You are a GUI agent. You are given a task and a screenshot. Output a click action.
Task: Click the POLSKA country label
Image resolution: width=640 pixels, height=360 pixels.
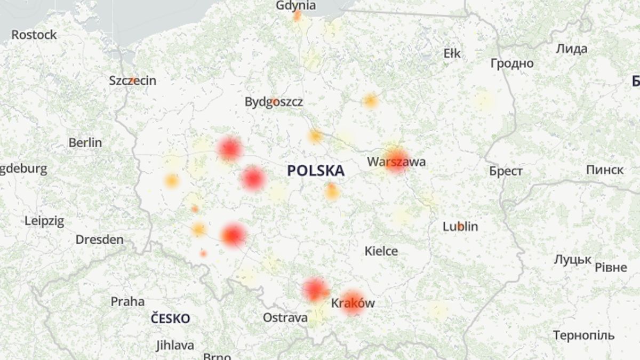point(315,171)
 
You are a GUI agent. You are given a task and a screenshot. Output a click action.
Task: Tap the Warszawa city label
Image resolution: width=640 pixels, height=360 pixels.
point(396,162)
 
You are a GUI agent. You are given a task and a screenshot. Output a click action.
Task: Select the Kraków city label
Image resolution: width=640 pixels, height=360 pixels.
point(353,303)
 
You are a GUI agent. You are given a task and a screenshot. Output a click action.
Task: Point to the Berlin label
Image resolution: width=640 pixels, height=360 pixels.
point(85,142)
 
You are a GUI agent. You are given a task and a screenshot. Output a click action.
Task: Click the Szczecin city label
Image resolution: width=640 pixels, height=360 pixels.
point(132,81)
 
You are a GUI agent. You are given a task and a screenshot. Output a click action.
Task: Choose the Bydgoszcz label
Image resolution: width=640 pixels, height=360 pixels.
point(274,101)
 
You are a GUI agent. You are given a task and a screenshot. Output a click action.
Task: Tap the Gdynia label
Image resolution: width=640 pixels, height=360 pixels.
point(296,6)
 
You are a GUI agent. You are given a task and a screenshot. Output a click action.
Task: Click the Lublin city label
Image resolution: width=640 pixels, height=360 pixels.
point(460,226)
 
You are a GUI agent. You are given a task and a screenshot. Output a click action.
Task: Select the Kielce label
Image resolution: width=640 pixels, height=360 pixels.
point(381,251)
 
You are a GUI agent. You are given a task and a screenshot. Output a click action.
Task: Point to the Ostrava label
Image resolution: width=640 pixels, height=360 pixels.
point(285,318)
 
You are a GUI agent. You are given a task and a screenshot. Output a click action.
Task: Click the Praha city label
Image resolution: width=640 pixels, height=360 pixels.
point(127,301)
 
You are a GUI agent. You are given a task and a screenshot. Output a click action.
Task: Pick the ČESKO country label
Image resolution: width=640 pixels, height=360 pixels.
point(170,319)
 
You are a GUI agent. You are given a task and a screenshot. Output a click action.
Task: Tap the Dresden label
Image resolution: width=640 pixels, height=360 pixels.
point(99,239)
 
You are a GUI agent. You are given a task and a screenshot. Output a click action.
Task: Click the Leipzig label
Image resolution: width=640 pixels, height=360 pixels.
point(44,221)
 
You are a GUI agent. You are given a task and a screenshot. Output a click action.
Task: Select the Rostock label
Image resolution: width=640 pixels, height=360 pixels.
point(34,35)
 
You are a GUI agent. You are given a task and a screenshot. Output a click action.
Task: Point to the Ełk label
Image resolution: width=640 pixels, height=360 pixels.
point(452,53)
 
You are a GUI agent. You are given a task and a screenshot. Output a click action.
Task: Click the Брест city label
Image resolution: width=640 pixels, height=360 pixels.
point(506,171)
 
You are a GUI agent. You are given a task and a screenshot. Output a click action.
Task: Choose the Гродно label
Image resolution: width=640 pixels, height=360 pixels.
point(511,63)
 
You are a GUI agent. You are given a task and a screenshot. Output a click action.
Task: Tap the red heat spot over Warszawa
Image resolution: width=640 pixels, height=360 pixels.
point(396,159)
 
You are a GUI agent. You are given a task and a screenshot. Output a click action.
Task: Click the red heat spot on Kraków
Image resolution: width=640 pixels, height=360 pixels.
point(353,303)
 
